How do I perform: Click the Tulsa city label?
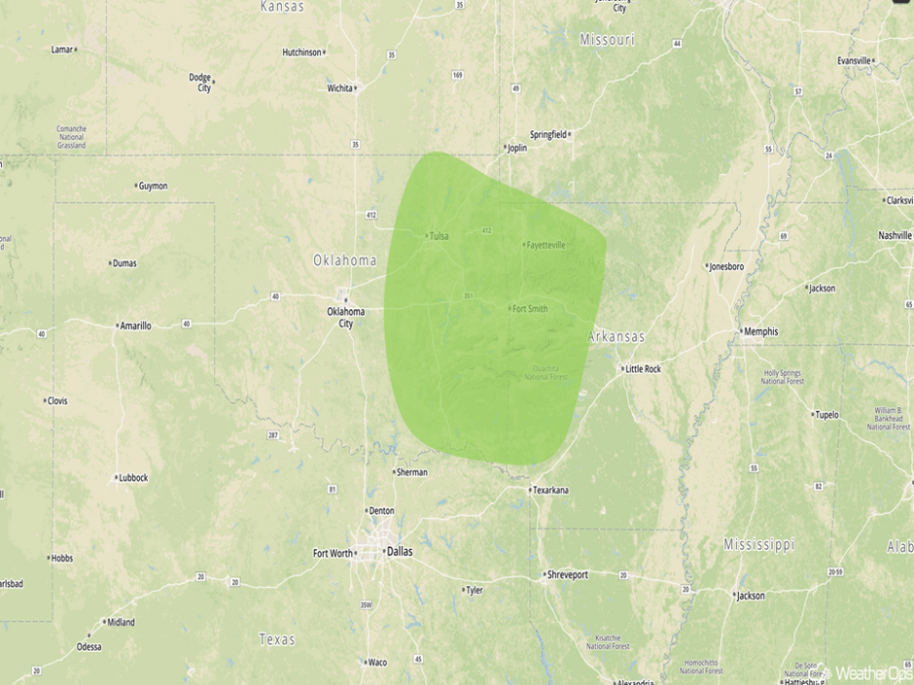coord(439,235)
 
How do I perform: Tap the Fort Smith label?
coord(530,309)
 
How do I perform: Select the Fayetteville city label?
coord(545,245)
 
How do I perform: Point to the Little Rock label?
coord(643,369)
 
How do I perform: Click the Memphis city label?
coord(760,331)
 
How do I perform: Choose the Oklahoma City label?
coord(346,317)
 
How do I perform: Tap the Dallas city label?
coord(399,552)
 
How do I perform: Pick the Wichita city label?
coord(340,88)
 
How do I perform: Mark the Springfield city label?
coord(548,134)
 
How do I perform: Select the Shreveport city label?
coord(567,575)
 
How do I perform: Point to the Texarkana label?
coord(551,491)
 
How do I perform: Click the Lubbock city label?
coord(131,478)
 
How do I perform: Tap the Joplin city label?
coord(516,149)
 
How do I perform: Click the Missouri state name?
coord(607,40)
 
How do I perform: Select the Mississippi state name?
coord(758,544)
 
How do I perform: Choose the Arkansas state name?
coord(615,336)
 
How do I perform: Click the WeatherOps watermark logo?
coord(865,672)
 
